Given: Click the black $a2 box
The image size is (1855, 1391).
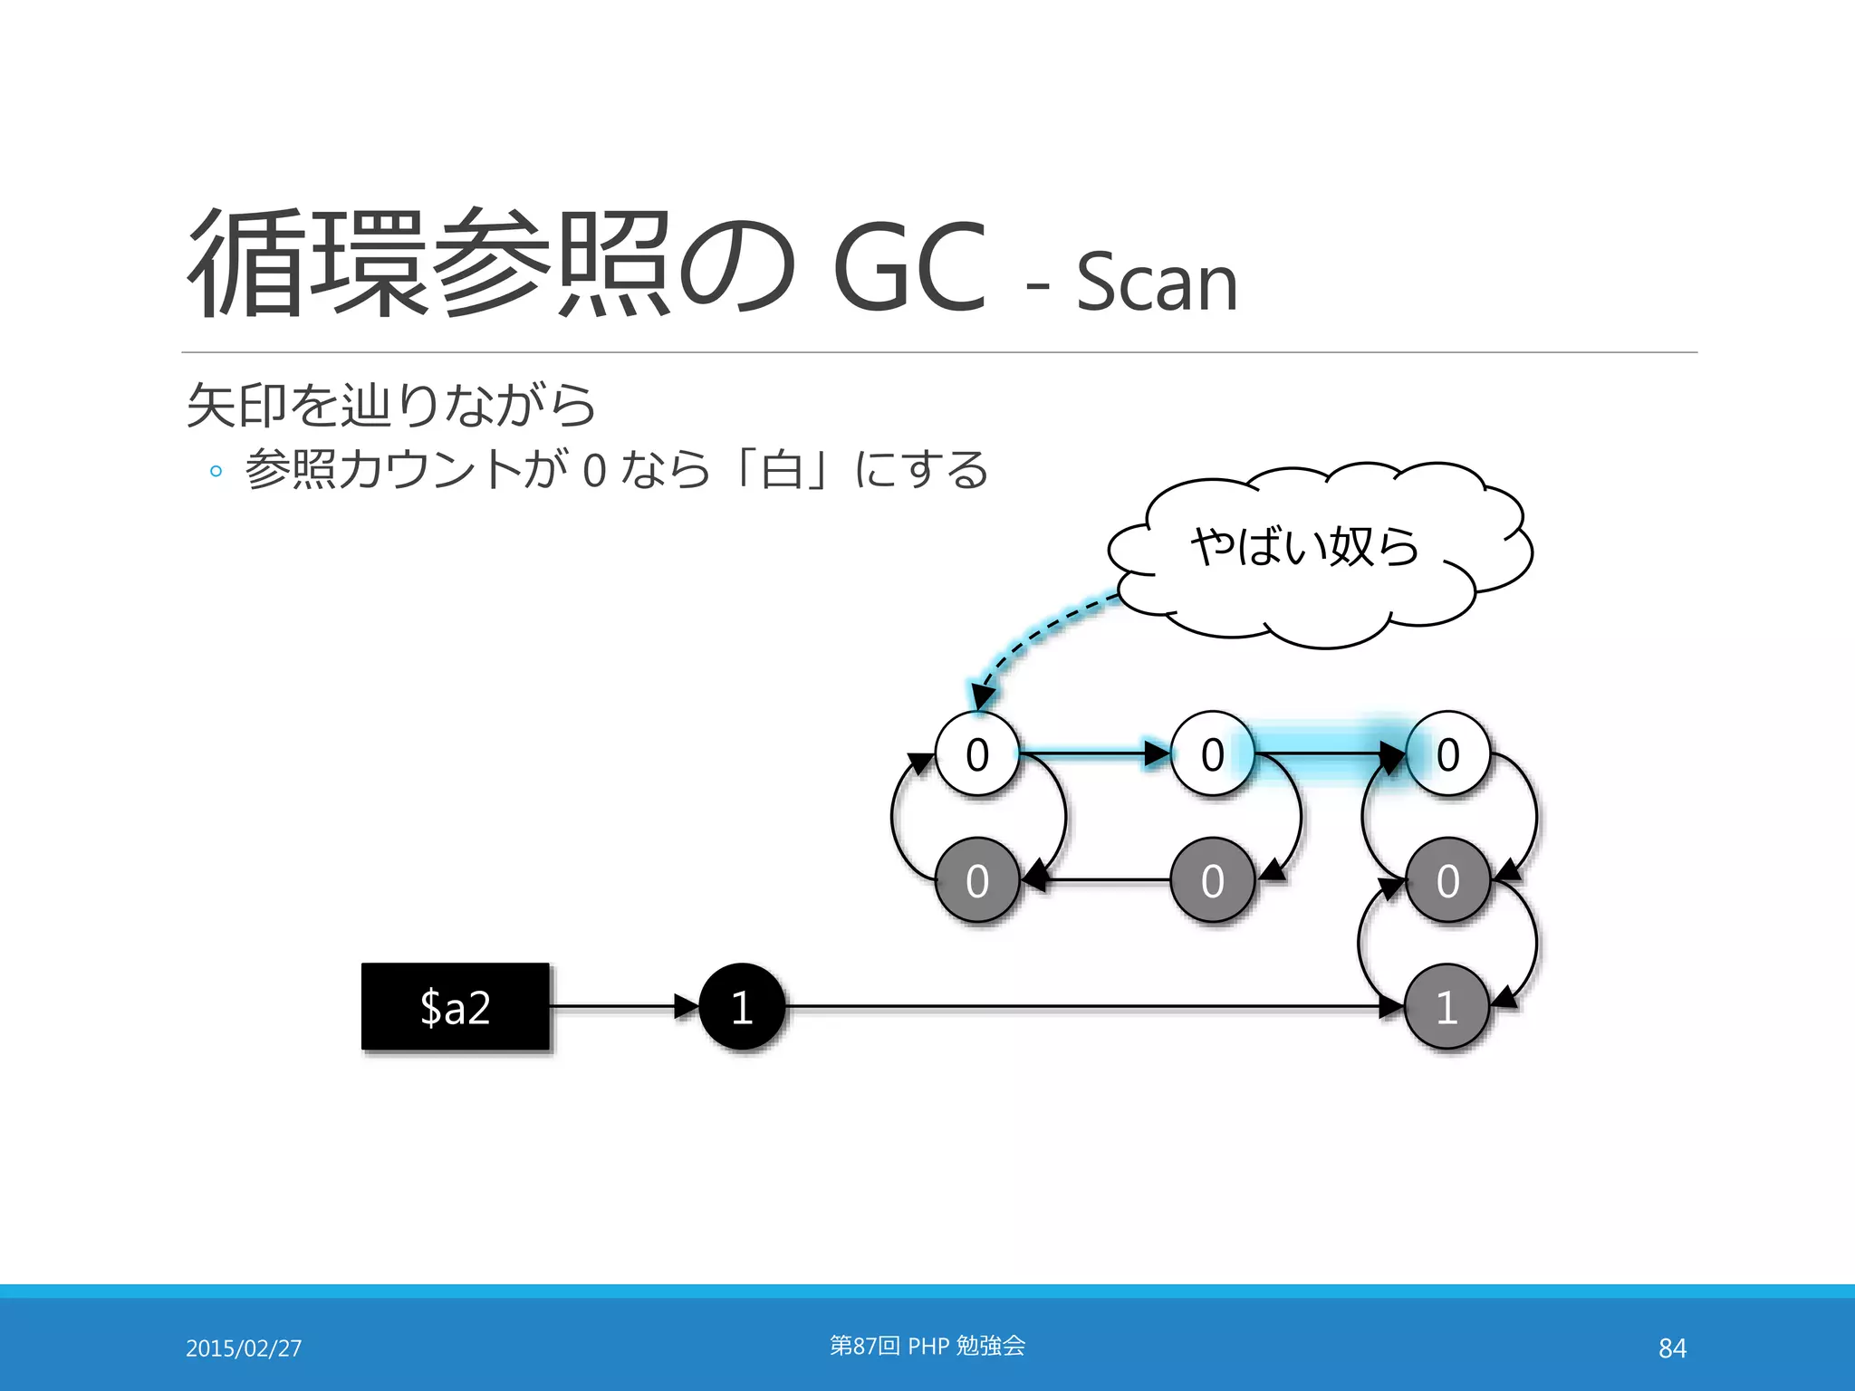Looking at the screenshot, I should pos(456,1007).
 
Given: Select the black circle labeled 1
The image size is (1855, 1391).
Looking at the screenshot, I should pos(742,1007).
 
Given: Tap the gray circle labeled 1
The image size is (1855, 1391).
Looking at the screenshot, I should pos(1447,1007).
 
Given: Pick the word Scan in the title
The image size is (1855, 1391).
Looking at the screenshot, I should pos(1157,283).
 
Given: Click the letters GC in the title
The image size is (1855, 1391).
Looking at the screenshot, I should pos(908,266).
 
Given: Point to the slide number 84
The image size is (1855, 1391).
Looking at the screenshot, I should pos(1672,1348).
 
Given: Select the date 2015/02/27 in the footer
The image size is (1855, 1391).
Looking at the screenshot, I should pos(244,1348).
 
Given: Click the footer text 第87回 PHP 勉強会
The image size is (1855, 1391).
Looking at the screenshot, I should pos(927,1346).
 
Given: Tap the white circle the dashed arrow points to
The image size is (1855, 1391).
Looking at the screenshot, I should pos(977,754).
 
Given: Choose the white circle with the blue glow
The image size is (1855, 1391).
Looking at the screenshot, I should pos(1447,754).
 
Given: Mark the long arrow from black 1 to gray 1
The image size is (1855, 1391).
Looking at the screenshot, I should pos(1087,1006).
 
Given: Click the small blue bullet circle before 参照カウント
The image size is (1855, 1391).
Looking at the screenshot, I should pos(216,471).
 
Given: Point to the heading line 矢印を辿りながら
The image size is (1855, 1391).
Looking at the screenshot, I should pos(390,405).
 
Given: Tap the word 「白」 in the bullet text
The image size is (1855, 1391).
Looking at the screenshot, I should pos(782,470).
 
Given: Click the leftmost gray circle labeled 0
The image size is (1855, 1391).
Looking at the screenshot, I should pos(977,880).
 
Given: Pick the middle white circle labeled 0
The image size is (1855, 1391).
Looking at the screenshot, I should pos(1213,754).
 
